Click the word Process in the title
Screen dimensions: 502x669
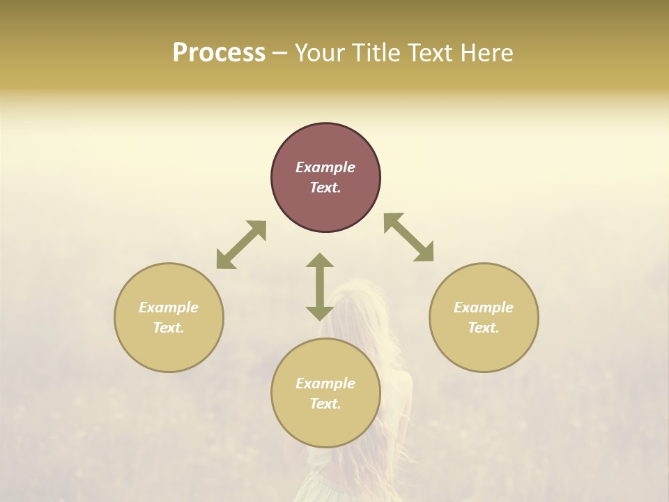point(219,53)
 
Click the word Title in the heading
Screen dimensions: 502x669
point(373,53)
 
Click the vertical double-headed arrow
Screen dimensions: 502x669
point(320,287)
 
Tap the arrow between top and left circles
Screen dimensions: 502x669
point(241,245)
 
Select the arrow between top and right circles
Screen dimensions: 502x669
point(408,237)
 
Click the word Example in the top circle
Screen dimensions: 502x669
point(325,167)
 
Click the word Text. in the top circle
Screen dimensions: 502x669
point(325,188)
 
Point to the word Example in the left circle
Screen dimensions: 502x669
point(169,307)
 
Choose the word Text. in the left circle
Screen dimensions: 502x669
point(169,328)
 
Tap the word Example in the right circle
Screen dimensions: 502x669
point(484,307)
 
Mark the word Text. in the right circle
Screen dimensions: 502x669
point(484,328)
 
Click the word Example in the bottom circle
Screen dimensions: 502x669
point(325,383)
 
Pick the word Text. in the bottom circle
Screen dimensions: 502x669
point(325,404)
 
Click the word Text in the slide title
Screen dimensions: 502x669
point(429,53)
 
